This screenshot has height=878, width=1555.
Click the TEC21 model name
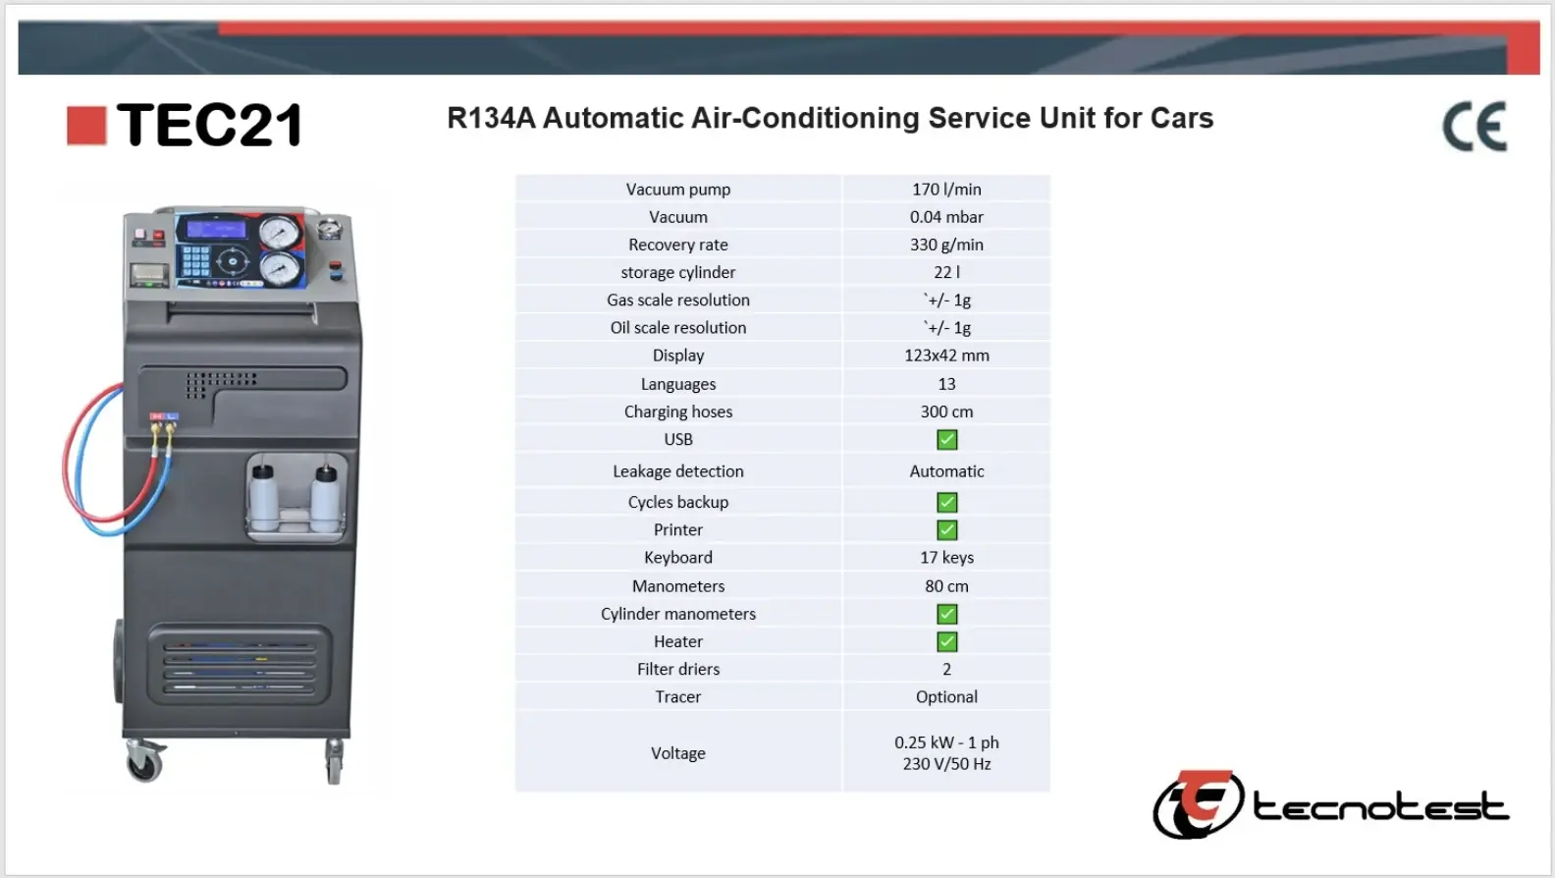pyautogui.click(x=209, y=126)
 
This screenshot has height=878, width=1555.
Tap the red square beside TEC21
pyautogui.click(x=86, y=126)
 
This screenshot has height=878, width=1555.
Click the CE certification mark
pyautogui.click(x=1474, y=127)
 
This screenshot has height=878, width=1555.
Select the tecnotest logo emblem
pyautogui.click(x=1198, y=804)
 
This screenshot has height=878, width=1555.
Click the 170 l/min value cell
pyautogui.click(x=946, y=190)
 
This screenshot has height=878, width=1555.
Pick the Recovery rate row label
pyautogui.click(x=678, y=245)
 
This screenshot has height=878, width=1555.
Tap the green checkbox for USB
pyautogui.click(x=946, y=440)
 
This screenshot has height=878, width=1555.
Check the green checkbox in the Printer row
pyautogui.click(x=946, y=530)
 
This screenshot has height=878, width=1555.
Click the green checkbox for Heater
pyautogui.click(x=946, y=642)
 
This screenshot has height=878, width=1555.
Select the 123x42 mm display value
pyautogui.click(x=946, y=356)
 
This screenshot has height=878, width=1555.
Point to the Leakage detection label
pyautogui.click(x=678, y=471)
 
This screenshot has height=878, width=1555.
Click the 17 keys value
pyautogui.click(x=946, y=558)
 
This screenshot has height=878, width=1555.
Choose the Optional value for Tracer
pyautogui.click(x=946, y=697)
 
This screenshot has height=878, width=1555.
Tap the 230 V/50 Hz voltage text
pyautogui.click(x=946, y=764)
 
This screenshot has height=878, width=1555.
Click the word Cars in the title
pyautogui.click(x=1182, y=119)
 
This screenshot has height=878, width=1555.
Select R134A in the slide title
pyautogui.click(x=491, y=119)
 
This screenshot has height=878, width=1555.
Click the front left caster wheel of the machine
pyautogui.click(x=145, y=762)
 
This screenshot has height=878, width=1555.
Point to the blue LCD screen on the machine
pyautogui.click(x=216, y=230)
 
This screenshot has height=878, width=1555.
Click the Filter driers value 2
pyautogui.click(x=946, y=670)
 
